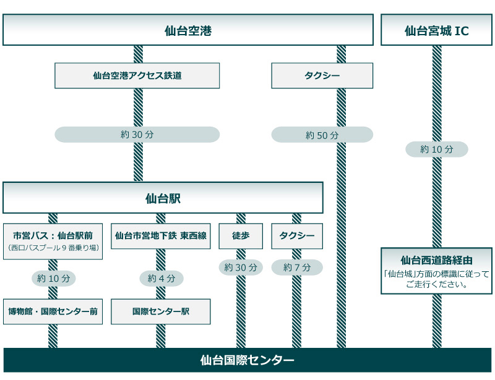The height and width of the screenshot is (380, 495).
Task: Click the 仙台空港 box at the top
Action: (x=188, y=30)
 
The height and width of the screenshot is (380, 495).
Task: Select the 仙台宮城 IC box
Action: (x=436, y=30)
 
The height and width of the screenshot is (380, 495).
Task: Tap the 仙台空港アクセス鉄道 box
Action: (x=137, y=75)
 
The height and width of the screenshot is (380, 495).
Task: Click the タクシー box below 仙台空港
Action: (x=322, y=75)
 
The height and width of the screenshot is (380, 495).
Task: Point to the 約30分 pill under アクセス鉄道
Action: (x=137, y=135)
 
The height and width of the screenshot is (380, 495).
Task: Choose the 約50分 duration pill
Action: (x=322, y=135)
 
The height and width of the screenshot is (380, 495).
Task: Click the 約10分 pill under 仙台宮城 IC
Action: (x=436, y=149)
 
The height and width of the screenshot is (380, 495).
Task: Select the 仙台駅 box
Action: (x=163, y=198)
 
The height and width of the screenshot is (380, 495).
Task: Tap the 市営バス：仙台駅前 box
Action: (x=53, y=240)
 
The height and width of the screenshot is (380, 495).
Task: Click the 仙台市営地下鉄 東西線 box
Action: (x=160, y=235)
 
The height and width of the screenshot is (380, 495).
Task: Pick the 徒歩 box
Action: (x=241, y=235)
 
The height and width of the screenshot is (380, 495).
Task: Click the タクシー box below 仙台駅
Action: (x=296, y=235)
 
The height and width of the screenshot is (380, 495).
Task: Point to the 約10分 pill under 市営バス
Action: (x=53, y=278)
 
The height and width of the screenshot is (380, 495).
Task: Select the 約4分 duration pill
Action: (x=161, y=278)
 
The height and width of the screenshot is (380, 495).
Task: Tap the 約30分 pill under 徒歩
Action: (x=241, y=268)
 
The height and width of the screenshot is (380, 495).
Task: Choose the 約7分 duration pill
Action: (x=296, y=268)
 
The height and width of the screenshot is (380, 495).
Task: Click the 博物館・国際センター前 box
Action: (x=53, y=311)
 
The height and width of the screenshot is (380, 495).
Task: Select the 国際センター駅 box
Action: (x=160, y=311)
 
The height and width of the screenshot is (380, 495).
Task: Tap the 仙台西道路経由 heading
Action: (x=436, y=260)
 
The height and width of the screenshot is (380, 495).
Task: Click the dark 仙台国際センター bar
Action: (x=247, y=360)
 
